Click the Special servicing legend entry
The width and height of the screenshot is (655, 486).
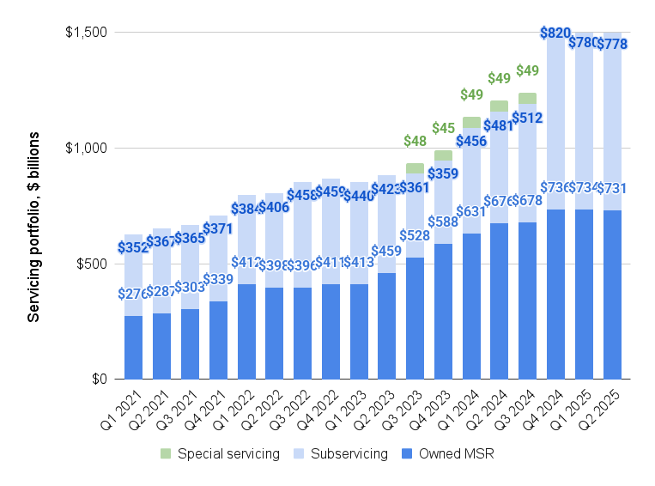[x=228, y=453]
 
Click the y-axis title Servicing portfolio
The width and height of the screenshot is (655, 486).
[x=33, y=227]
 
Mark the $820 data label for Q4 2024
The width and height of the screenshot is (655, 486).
[x=555, y=33]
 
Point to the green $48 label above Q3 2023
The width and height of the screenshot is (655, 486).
[x=415, y=141]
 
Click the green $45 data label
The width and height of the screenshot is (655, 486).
[x=443, y=129]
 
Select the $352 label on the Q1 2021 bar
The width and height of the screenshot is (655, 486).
[x=134, y=248]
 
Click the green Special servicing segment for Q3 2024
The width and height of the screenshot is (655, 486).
[x=527, y=98]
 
